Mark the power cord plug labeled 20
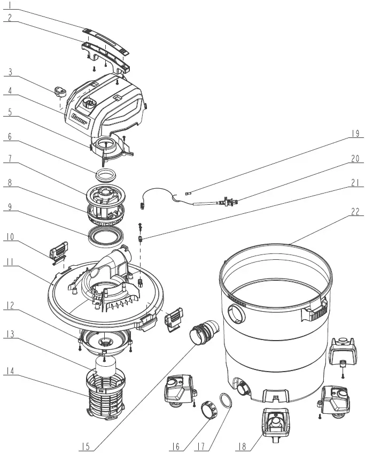click(227, 201)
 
